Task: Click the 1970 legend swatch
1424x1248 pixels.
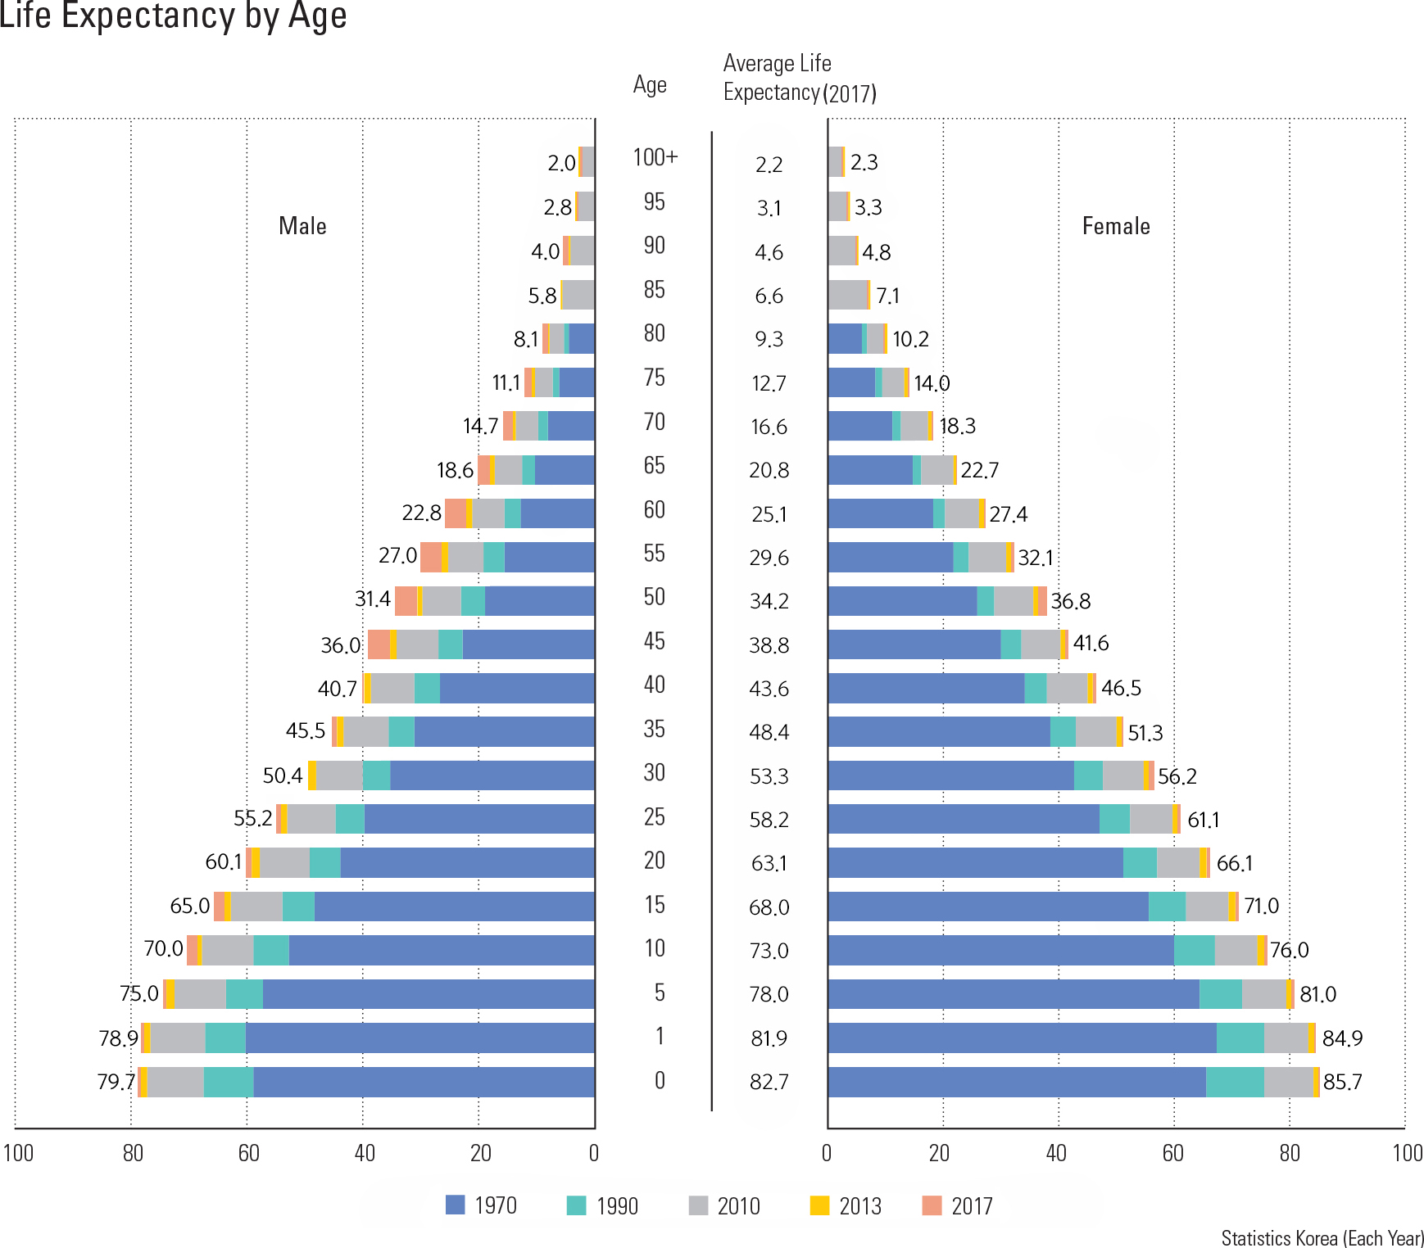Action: (x=455, y=1205)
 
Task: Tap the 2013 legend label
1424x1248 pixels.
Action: (x=860, y=1206)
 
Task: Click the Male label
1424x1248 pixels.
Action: (x=302, y=226)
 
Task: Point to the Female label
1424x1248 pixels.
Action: (x=1116, y=226)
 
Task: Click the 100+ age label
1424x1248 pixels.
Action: (x=655, y=157)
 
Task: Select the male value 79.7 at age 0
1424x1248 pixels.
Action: (x=116, y=1082)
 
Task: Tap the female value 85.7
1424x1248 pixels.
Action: (x=1342, y=1082)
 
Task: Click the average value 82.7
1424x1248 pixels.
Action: (x=769, y=1082)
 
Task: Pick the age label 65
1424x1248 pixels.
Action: (x=654, y=465)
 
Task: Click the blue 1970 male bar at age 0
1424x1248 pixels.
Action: (x=424, y=1082)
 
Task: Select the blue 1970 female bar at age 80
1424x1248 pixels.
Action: (x=844, y=338)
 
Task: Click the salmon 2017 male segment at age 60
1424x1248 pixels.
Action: (x=455, y=513)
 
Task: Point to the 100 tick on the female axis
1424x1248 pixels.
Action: (x=1407, y=1153)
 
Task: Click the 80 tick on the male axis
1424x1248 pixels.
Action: (x=133, y=1153)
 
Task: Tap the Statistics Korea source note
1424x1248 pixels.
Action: (x=1322, y=1237)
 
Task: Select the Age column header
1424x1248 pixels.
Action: (x=650, y=85)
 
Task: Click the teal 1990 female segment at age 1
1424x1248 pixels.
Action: (x=1240, y=1038)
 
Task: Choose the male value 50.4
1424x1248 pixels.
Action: (x=282, y=775)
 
